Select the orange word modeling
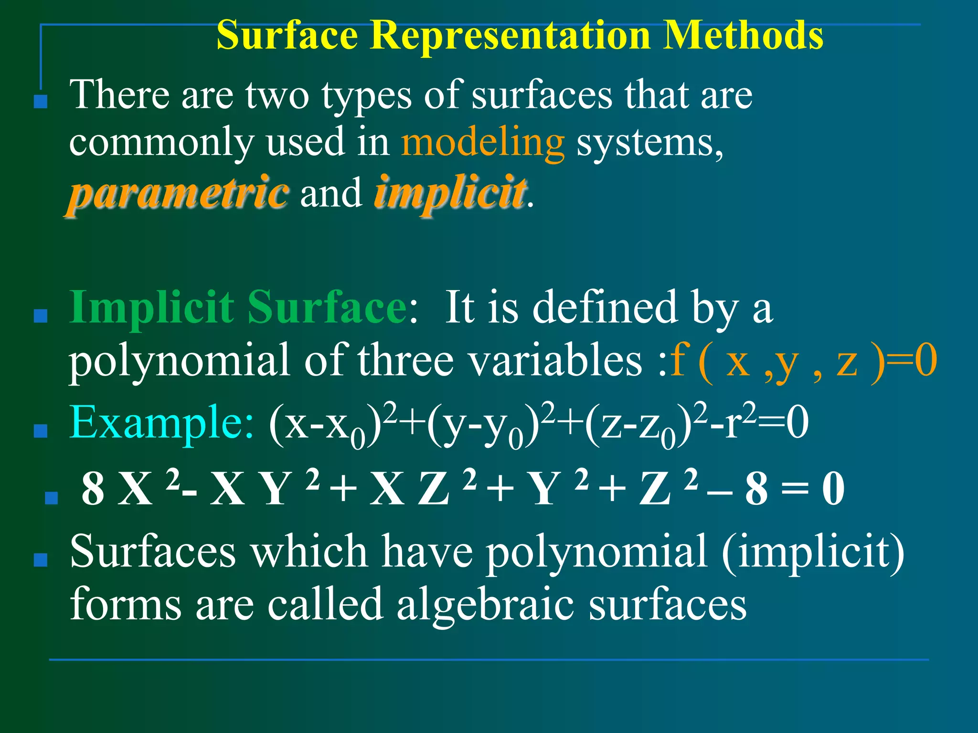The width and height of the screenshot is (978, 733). coord(482,142)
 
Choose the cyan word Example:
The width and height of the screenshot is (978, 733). coord(161,422)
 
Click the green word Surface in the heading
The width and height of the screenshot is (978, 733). coord(327,308)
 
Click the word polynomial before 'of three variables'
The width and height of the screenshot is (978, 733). coord(180,362)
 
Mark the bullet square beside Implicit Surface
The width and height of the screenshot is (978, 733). coord(41,316)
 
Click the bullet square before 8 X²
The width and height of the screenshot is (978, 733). coord(51,498)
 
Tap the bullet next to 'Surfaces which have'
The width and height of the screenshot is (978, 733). coord(41,560)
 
